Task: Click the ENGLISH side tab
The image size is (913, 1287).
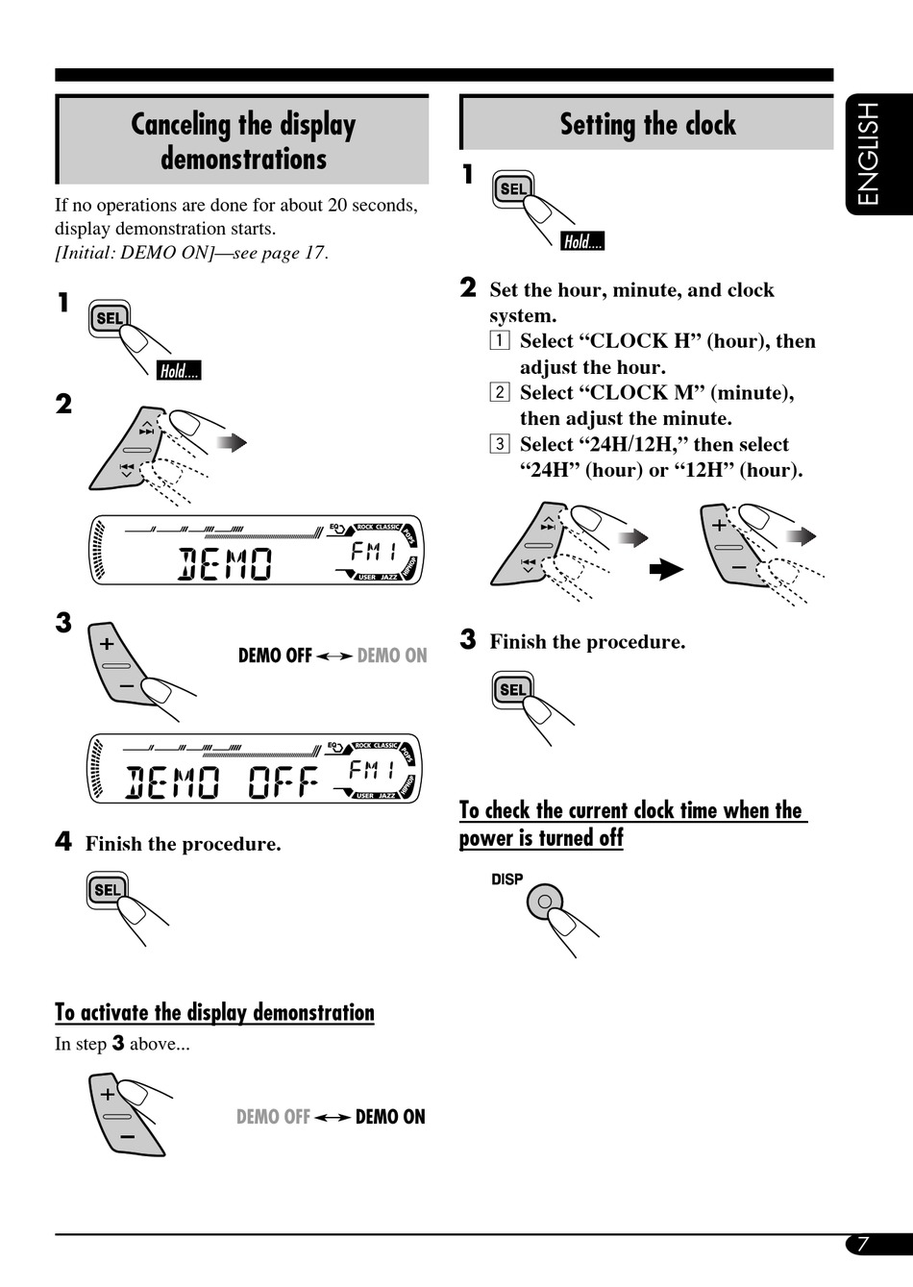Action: point(869,154)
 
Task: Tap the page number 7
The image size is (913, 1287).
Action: point(863,1244)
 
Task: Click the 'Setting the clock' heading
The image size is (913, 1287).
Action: point(648,124)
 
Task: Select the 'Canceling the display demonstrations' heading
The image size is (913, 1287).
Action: point(243,140)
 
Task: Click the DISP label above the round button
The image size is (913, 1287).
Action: point(506,879)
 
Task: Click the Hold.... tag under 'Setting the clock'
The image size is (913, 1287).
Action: point(582,242)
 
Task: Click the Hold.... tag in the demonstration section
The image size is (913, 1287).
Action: point(179,371)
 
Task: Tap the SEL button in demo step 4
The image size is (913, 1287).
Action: point(108,890)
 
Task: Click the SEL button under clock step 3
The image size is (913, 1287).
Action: point(512,689)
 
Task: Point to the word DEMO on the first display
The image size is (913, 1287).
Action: point(226,564)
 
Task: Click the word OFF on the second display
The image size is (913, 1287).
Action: point(284,783)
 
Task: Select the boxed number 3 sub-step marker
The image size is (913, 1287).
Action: point(500,444)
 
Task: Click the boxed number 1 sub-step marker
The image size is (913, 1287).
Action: point(500,341)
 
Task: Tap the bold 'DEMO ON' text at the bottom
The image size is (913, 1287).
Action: point(390,1117)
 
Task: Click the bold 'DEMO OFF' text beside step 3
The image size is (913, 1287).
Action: point(275,656)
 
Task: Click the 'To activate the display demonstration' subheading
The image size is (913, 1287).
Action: point(214,1012)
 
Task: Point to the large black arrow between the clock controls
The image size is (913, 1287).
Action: point(666,570)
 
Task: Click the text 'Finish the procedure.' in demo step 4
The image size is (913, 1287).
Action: point(183,844)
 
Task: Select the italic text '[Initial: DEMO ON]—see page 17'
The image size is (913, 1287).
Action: point(191,253)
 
